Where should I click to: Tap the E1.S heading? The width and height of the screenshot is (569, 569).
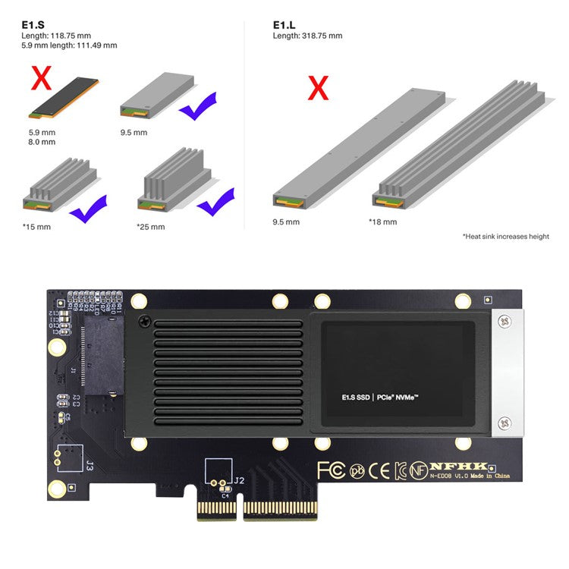pos(32,24)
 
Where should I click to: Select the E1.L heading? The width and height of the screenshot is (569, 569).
pos(284,24)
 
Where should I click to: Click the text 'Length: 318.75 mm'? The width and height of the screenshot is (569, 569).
pos(307,36)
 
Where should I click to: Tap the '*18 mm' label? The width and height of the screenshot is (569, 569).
pos(382,222)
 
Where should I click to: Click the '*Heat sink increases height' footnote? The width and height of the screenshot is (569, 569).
pos(505,237)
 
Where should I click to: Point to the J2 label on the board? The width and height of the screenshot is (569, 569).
pos(239,480)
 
